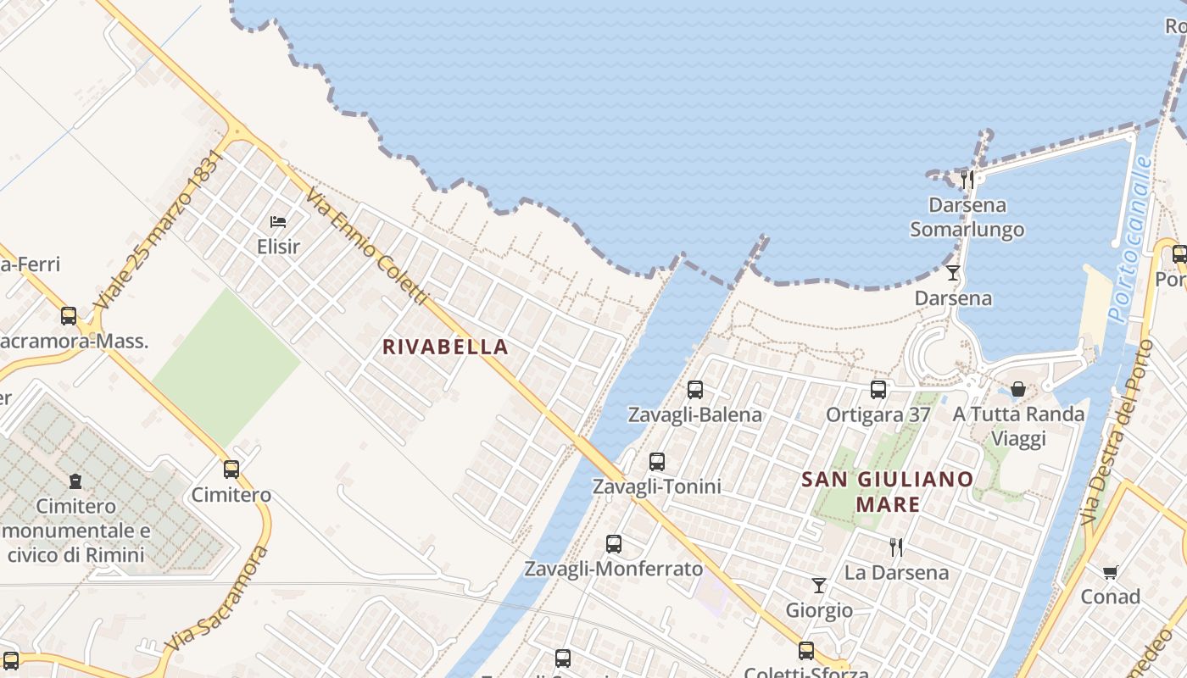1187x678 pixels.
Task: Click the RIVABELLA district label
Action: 445,347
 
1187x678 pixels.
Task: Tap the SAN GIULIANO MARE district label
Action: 888,492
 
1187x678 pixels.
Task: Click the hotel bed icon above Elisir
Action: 278,222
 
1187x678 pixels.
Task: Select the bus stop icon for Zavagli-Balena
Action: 695,390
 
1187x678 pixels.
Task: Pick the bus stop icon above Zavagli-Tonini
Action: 657,462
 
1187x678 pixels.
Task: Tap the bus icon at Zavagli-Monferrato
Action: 614,544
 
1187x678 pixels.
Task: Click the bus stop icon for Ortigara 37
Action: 878,390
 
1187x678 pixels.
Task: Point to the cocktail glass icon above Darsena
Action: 953,273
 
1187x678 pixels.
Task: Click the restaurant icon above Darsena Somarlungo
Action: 967,179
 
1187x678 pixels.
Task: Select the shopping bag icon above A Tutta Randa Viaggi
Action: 1017,389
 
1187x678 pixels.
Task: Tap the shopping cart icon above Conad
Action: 1110,572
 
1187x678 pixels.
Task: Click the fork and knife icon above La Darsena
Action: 896,547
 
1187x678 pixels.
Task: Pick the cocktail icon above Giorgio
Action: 819,586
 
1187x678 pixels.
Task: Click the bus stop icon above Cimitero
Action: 231,470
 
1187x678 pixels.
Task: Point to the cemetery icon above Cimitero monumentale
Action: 76,481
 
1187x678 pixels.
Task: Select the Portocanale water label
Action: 1130,239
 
